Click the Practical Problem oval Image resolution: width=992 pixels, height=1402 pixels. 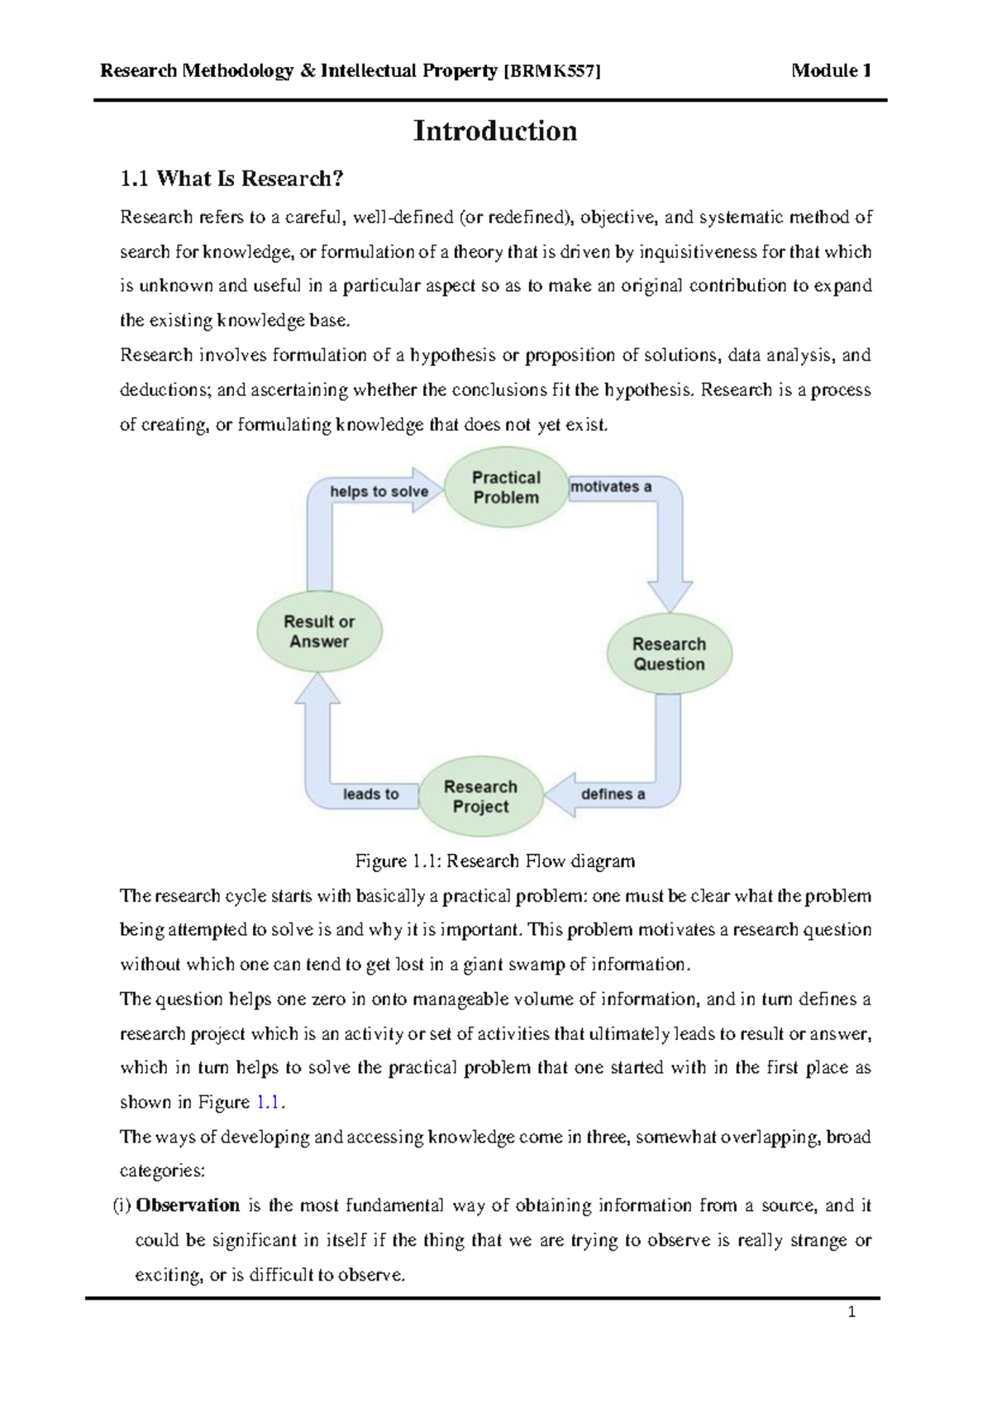tap(505, 488)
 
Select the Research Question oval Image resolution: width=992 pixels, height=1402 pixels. tap(669, 654)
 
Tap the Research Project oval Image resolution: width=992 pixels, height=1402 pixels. tap(480, 796)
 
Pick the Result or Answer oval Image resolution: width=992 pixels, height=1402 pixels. tap(319, 632)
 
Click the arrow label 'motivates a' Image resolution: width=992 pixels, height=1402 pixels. tap(611, 487)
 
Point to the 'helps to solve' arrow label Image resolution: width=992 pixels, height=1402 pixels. tap(379, 491)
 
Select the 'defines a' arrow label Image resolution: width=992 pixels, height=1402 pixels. tap(613, 794)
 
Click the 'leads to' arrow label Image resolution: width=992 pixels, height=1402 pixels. tap(370, 794)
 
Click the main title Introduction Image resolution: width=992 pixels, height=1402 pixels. tap(495, 131)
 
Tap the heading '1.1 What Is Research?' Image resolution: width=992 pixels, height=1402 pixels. tap(231, 179)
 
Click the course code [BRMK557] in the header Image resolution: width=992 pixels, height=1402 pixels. tap(551, 71)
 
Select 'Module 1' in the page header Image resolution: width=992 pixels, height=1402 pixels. tap(831, 71)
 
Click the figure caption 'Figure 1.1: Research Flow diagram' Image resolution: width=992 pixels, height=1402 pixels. tap(495, 861)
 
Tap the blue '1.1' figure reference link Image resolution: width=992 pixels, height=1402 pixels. tap(269, 1102)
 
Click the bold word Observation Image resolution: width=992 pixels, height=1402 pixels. tap(188, 1205)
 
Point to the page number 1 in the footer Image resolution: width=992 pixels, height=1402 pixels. tap(851, 1312)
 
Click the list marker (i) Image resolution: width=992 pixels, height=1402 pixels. tap(122, 1205)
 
